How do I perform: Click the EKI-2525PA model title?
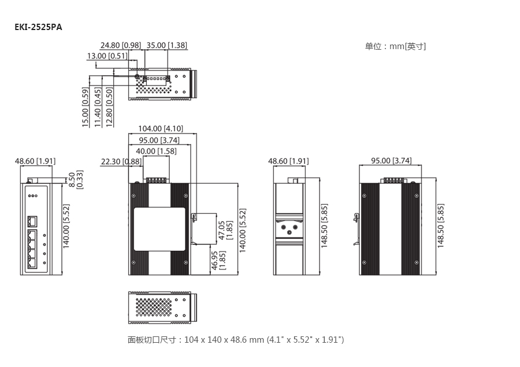point(38,27)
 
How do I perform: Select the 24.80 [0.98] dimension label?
point(121,45)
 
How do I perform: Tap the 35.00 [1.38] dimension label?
point(167,45)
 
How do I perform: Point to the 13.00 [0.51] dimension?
point(107,55)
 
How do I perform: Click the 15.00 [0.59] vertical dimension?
point(86,107)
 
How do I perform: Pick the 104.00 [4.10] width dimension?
point(161,128)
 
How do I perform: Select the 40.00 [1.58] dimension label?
point(156,151)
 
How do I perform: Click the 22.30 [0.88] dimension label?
point(121,162)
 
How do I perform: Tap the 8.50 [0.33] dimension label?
point(76,180)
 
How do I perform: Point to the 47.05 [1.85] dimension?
point(225,230)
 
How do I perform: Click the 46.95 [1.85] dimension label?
point(218,261)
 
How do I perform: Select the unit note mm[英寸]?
point(395,46)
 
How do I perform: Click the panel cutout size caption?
point(236,340)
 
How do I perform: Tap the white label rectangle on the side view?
point(159,229)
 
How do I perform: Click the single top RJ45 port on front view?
point(32,221)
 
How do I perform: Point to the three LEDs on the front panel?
point(33,196)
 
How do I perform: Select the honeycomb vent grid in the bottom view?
point(154,307)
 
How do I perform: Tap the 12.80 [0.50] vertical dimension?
point(109,107)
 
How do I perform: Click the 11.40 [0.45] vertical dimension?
point(97,107)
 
